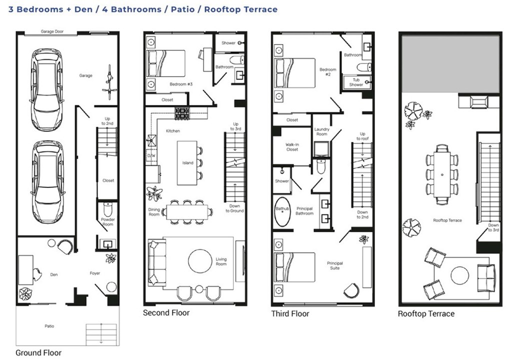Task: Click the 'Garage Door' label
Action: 52,31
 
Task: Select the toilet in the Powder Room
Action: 108,208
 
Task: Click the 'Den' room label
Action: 54,274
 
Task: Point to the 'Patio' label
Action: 49,326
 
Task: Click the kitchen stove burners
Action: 182,113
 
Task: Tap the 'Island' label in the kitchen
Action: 188,162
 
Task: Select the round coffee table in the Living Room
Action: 200,261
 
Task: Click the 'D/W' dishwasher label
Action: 151,156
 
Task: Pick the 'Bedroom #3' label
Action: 181,84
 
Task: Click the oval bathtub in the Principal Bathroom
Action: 282,211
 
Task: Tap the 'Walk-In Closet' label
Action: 292,147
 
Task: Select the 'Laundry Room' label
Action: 321,131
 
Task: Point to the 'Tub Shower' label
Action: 356,82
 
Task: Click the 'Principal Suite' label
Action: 335,265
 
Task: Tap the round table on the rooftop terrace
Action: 460,275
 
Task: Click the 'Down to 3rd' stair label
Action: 493,227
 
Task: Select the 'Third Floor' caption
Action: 290,314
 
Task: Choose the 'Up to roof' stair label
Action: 362,136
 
